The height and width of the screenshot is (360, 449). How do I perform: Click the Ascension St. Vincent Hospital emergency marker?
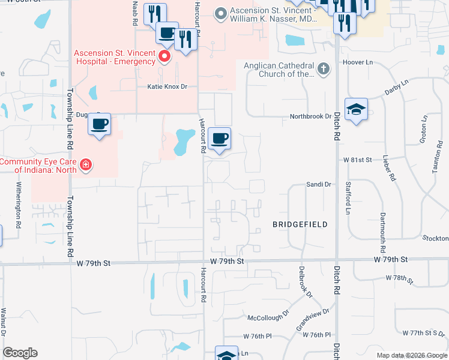[164, 57]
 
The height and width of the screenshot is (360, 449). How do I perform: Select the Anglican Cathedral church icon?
[324, 68]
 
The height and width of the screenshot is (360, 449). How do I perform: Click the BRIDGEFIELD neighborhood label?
[300, 224]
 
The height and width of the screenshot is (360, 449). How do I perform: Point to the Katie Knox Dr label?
[167, 87]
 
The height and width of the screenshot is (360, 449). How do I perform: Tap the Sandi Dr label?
[319, 185]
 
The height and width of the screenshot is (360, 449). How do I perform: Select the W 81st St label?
[358, 160]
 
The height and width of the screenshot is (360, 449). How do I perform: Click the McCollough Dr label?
[268, 316]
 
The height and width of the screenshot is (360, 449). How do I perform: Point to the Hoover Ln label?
[357, 62]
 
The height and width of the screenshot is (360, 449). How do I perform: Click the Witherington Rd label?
[19, 205]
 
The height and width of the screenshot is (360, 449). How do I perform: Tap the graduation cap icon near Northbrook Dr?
[357, 109]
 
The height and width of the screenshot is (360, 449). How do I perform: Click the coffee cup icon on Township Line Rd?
[100, 124]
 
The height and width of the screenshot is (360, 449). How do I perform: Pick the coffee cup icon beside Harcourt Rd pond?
[220, 139]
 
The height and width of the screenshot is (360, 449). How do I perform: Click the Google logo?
[20, 353]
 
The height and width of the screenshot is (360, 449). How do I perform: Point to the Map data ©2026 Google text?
[412, 355]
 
